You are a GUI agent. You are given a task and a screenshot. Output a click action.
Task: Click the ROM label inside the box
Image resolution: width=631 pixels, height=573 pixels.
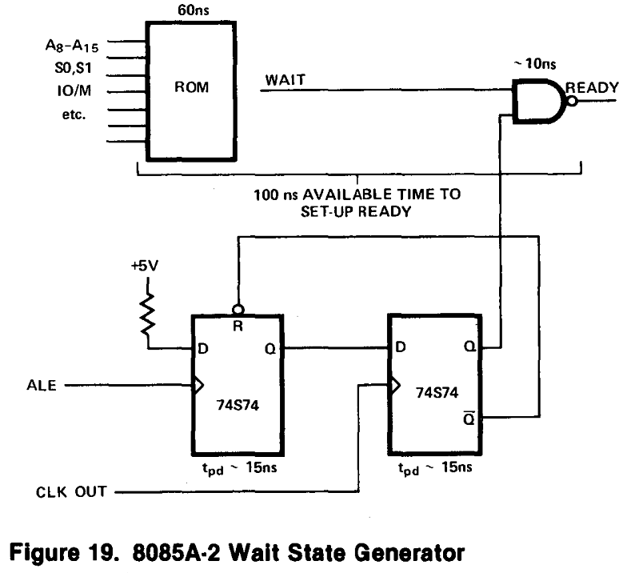(191, 87)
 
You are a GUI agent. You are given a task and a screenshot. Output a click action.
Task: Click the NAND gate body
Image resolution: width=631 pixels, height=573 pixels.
(538, 101)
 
